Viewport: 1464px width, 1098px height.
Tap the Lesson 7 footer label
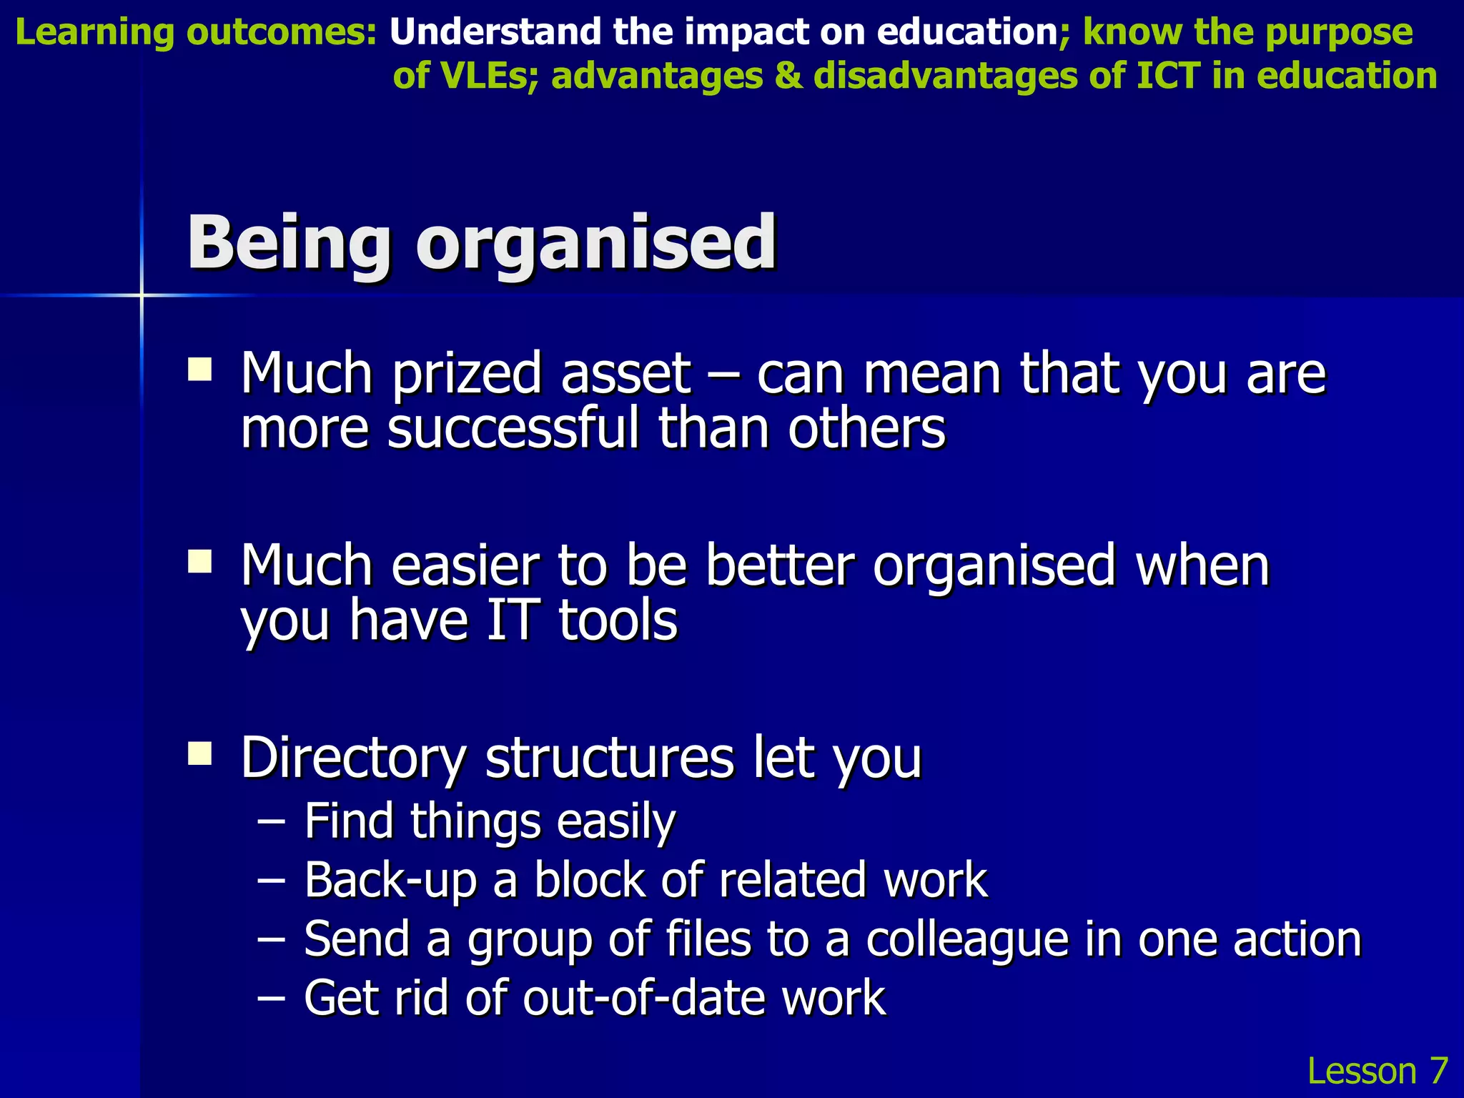pos(1377,1071)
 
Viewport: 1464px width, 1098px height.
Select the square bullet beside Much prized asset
pos(199,371)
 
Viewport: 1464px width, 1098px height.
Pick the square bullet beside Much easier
pos(199,562)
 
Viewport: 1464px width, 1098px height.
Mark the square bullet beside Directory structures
pos(199,753)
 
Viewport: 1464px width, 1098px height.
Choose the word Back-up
pos(390,881)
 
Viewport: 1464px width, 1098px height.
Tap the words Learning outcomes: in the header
pos(195,33)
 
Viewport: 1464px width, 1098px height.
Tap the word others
pos(867,429)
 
